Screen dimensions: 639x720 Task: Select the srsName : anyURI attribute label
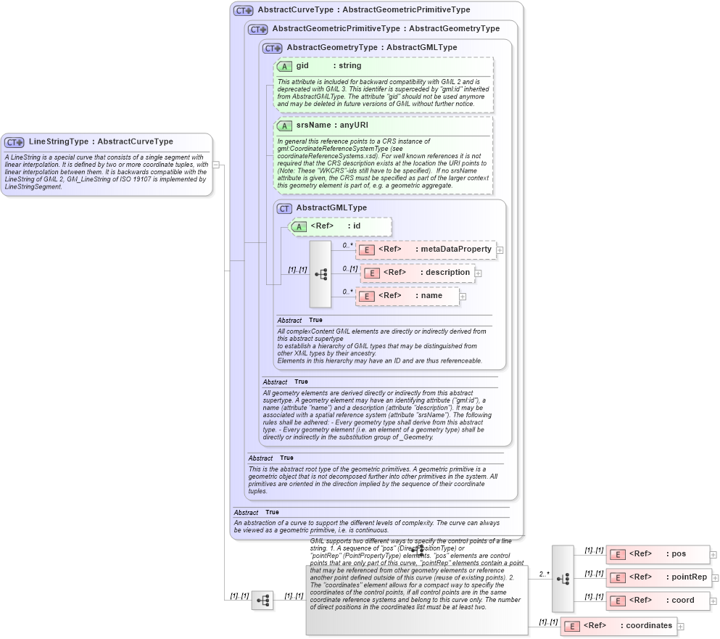click(331, 125)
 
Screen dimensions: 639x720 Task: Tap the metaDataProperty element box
click(426, 250)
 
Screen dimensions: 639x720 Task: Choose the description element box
click(418, 273)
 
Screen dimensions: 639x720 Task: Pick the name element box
click(407, 296)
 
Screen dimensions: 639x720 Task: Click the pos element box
click(657, 554)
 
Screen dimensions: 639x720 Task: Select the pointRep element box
click(658, 577)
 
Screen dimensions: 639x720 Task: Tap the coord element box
click(657, 601)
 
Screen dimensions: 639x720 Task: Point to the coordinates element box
click(618, 626)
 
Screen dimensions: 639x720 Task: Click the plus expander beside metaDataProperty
click(500, 250)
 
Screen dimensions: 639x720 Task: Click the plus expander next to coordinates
click(680, 626)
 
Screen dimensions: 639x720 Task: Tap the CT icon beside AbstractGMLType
click(285, 208)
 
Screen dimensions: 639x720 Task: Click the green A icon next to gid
click(285, 66)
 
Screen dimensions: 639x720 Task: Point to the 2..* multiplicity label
click(544, 574)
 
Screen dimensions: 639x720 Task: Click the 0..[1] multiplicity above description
click(351, 268)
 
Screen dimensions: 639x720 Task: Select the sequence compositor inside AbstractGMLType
click(320, 274)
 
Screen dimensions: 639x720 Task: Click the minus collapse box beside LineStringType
click(216, 165)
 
